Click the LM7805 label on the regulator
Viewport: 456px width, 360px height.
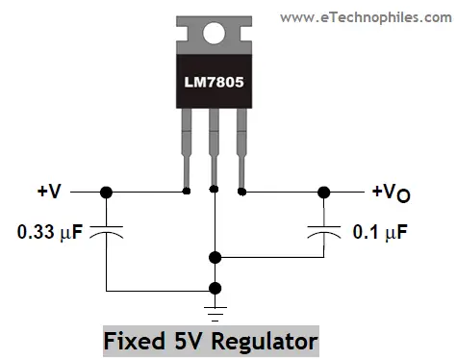(x=214, y=84)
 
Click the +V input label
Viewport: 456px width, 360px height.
(x=50, y=193)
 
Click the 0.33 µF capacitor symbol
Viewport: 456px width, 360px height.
(x=107, y=232)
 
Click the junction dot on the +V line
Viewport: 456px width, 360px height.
(x=107, y=193)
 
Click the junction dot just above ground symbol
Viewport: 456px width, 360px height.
(x=215, y=288)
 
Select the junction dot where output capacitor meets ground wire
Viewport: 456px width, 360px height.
(x=215, y=257)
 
